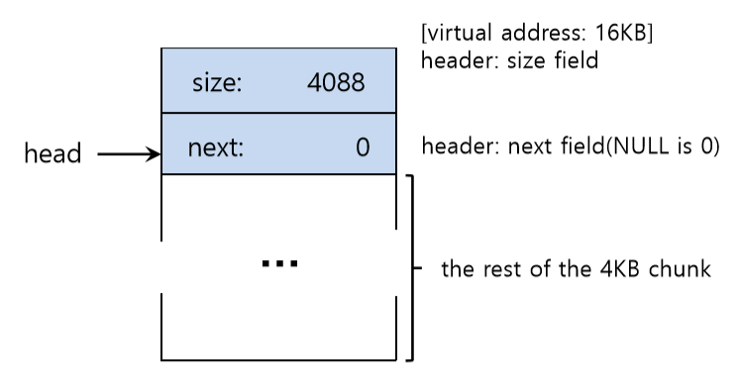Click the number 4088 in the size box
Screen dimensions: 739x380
pyautogui.click(x=336, y=82)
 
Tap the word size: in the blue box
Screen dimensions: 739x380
pyautogui.click(x=217, y=82)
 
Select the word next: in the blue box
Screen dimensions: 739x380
pyautogui.click(x=215, y=147)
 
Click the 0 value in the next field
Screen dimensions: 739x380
pyautogui.click(x=363, y=147)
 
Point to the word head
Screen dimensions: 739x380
pyautogui.click(x=53, y=153)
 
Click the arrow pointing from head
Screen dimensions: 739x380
pyautogui.click(x=129, y=154)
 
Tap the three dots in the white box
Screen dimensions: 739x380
pyautogui.click(x=280, y=263)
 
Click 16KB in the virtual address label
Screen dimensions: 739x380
pyautogui.click(x=624, y=33)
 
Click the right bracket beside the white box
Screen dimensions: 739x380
pyautogui.click(x=413, y=267)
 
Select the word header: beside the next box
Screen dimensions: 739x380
pyautogui.click(x=460, y=146)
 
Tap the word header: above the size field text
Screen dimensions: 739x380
pyautogui.click(x=460, y=60)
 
